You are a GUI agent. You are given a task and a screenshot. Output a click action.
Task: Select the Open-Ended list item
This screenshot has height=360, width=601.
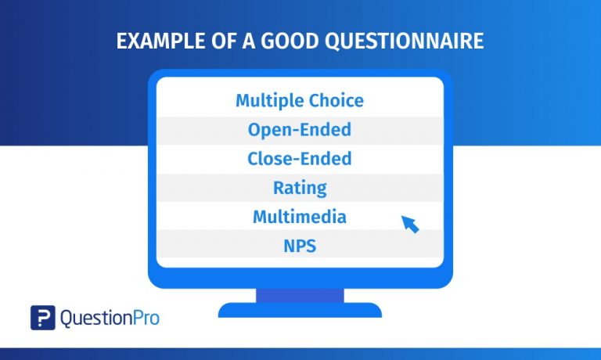pyautogui.click(x=300, y=130)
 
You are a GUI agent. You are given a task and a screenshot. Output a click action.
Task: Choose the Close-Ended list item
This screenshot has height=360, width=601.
pyautogui.click(x=300, y=159)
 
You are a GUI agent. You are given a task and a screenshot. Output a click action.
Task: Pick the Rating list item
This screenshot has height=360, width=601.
pyautogui.click(x=300, y=188)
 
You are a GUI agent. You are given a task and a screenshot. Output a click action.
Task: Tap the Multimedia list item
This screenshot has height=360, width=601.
pyautogui.click(x=300, y=217)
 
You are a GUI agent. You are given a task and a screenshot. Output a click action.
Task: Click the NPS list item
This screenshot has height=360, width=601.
pyautogui.click(x=300, y=246)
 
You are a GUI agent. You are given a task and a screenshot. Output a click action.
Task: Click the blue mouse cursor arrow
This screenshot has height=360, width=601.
pyautogui.click(x=410, y=224)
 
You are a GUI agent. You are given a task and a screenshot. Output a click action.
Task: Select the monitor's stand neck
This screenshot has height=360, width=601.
pyautogui.click(x=300, y=296)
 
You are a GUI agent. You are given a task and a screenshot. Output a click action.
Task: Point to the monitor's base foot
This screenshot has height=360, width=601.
pyautogui.click(x=300, y=311)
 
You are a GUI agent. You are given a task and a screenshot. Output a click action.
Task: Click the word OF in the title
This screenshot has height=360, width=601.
pyautogui.click(x=211, y=41)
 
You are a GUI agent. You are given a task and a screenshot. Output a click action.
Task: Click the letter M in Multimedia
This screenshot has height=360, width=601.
pyautogui.click(x=261, y=217)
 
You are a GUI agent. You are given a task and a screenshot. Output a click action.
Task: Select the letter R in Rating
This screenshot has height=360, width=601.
pyautogui.click(x=279, y=188)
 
